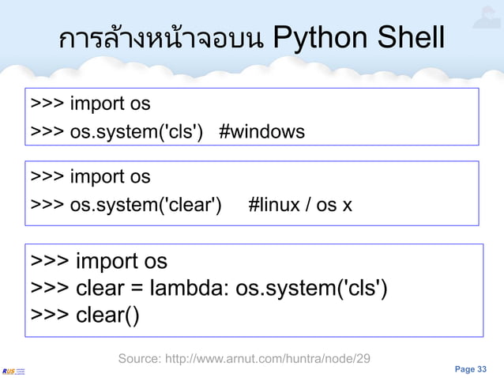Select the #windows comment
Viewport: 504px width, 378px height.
tap(261, 131)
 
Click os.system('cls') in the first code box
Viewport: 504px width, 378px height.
tap(138, 131)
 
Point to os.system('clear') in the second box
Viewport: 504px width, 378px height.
tap(145, 206)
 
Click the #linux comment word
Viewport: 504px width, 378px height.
tap(273, 206)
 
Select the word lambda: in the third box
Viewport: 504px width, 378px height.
tap(190, 288)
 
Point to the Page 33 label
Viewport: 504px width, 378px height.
tap(471, 369)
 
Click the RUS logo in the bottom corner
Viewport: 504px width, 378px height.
tap(13, 370)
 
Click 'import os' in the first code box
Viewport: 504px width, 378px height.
tap(110, 104)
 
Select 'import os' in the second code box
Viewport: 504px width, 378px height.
tap(110, 176)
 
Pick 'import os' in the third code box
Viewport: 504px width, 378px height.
tap(121, 261)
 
